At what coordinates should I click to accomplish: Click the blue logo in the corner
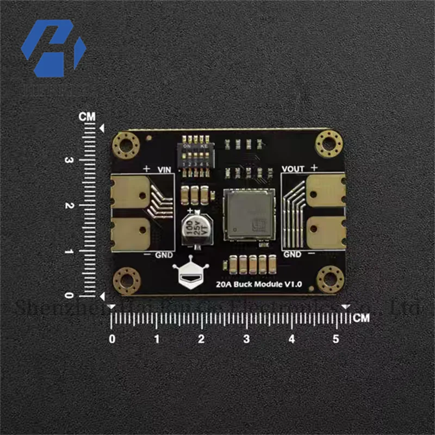53,48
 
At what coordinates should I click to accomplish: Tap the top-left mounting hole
126,145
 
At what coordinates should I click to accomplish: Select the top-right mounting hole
329,144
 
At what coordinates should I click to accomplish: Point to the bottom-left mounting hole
127,281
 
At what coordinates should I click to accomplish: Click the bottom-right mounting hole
330,279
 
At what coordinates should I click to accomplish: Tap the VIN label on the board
164,170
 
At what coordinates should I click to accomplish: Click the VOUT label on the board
294,169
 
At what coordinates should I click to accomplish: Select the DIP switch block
197,158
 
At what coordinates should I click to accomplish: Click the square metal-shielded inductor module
247,215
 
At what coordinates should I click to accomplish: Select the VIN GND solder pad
130,233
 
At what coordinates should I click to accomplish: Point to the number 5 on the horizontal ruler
336,339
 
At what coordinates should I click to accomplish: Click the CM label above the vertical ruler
87,117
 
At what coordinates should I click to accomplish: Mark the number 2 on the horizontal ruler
202,339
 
